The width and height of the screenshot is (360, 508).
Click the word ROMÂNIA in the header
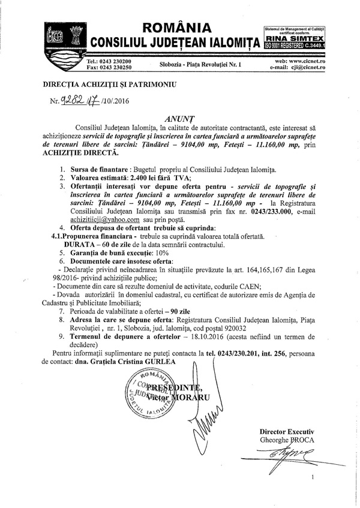[177, 28]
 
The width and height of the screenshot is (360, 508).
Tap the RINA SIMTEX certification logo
[293, 38]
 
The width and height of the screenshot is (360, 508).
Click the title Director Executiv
[286, 432]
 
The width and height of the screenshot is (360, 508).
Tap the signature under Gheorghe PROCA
[286, 456]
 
